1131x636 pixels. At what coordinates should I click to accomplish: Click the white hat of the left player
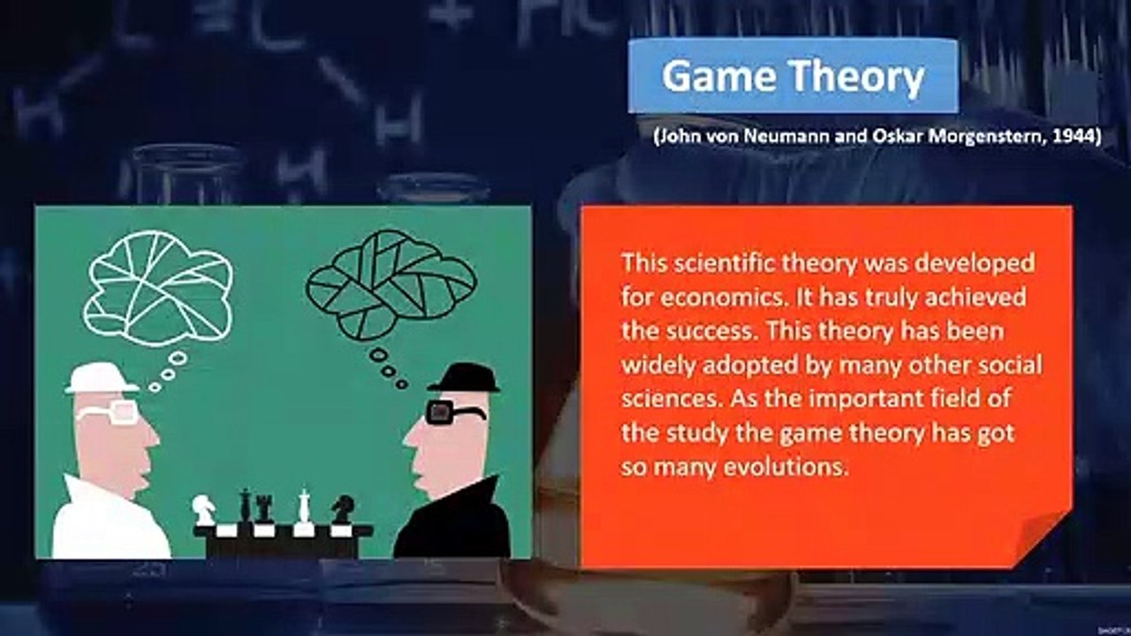(102, 378)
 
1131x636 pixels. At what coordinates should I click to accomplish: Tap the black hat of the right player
(464, 378)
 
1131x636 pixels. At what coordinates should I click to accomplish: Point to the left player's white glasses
(110, 412)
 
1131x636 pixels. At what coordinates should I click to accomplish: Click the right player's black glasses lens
(439, 412)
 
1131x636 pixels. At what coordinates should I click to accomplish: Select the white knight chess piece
(204, 509)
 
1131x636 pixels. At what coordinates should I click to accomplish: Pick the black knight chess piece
(342, 509)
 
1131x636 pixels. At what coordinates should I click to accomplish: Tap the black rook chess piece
(263, 508)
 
